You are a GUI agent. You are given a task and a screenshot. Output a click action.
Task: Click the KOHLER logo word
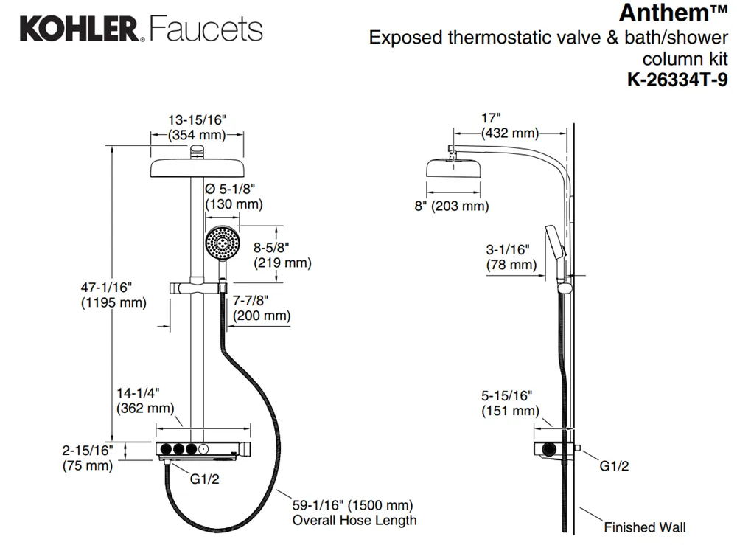point(79,29)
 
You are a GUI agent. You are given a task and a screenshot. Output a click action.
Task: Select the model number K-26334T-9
point(677,80)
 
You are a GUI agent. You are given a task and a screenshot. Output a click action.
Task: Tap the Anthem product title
point(673,13)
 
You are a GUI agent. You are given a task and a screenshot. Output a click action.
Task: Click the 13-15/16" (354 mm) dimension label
point(197,128)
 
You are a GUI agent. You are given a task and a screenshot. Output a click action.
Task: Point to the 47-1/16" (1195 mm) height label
point(113,295)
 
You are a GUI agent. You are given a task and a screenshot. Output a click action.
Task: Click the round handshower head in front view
point(223,243)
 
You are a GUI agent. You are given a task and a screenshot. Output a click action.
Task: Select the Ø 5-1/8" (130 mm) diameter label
point(234,197)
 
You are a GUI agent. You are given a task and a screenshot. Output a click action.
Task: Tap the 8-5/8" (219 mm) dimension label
point(282,255)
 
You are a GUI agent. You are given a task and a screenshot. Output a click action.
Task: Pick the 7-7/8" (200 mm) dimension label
point(262,308)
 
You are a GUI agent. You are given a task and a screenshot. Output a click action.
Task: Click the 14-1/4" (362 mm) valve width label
point(144,400)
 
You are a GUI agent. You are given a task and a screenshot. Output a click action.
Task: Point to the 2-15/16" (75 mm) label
point(88,458)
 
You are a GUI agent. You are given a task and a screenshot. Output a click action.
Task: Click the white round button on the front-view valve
point(203,449)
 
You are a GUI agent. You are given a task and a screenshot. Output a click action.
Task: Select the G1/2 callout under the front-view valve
point(204,479)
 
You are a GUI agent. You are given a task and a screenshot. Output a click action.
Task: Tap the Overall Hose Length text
point(354,520)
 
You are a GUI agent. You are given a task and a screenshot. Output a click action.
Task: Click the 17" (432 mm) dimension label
point(509,125)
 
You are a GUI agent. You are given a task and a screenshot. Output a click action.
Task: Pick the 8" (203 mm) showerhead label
point(452,206)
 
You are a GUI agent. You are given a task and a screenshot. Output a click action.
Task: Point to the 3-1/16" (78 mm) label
point(511,257)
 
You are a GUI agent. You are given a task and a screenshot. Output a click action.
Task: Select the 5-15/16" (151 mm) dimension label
point(510,403)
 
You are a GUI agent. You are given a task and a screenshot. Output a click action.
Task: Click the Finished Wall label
point(644,527)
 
